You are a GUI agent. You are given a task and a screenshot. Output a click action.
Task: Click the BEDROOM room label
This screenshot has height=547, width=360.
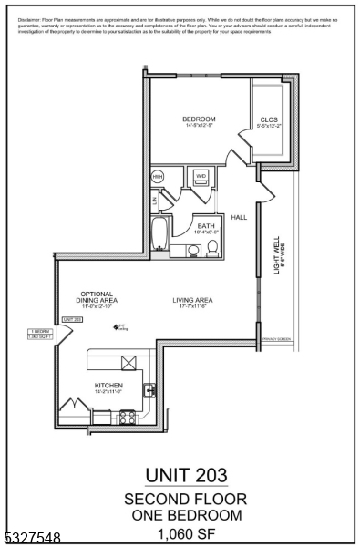click(198, 119)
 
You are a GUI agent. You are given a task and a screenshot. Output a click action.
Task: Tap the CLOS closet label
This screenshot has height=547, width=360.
click(268, 119)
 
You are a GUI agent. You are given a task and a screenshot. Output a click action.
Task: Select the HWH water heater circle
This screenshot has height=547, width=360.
click(159, 176)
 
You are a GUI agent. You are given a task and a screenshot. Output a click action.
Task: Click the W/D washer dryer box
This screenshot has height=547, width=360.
click(200, 175)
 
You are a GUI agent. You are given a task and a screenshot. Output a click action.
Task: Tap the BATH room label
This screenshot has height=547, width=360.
click(207, 226)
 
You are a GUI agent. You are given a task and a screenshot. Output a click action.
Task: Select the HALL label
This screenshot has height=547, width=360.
click(239, 218)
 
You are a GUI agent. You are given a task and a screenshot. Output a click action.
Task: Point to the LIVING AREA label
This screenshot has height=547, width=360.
click(193, 300)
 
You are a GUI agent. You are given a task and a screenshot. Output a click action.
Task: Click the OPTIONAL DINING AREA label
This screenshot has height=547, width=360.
click(96, 297)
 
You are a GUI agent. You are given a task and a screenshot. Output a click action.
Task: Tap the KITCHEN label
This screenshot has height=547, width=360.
click(108, 386)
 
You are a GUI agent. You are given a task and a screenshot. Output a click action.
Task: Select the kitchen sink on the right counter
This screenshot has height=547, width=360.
click(152, 389)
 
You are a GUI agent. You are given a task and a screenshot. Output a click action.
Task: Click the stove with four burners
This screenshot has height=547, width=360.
click(128, 418)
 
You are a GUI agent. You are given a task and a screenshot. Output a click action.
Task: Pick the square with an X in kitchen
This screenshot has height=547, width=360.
click(129, 363)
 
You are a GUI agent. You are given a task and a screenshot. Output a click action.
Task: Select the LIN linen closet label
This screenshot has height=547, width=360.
click(156, 200)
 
